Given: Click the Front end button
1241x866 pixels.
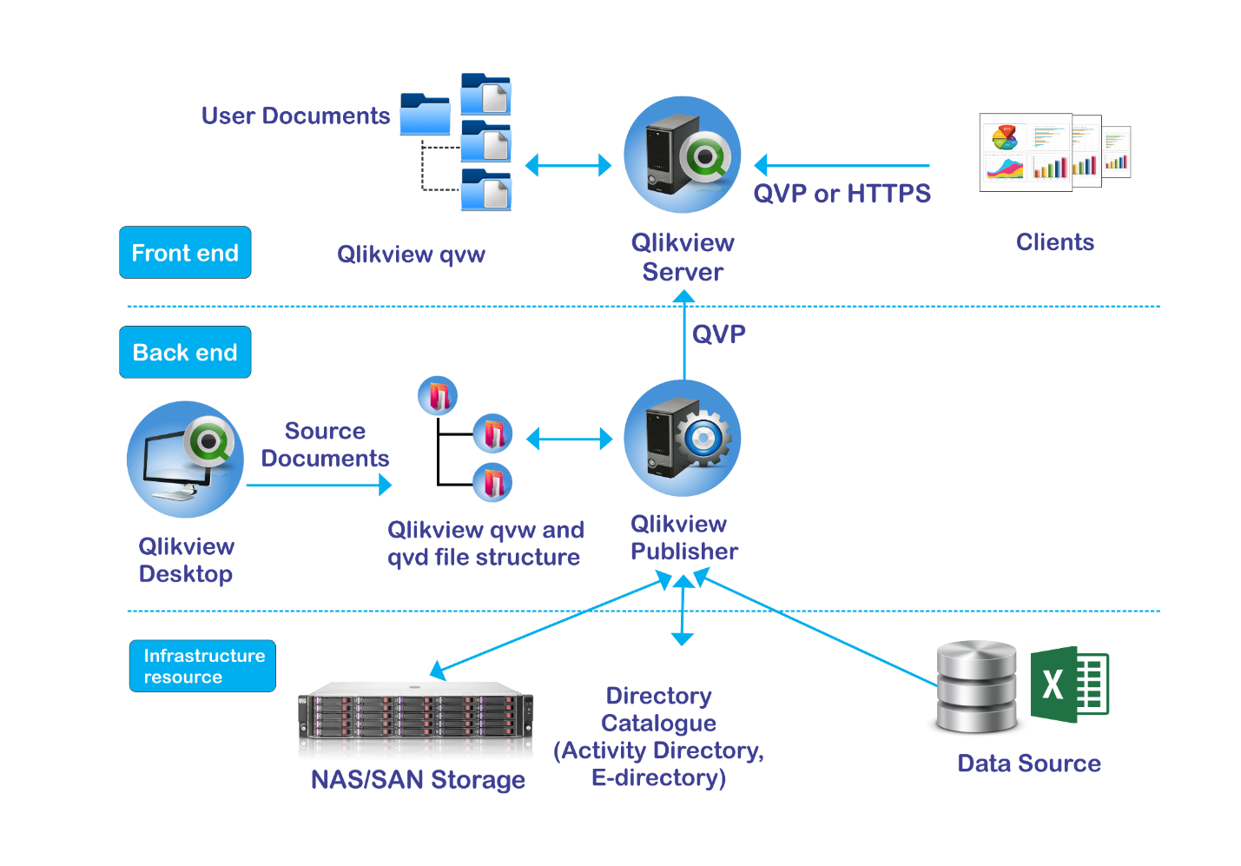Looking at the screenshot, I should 185,253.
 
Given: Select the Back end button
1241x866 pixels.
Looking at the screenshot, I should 185,353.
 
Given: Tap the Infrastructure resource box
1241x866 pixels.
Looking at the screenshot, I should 202,666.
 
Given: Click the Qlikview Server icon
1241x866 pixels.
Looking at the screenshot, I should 683,155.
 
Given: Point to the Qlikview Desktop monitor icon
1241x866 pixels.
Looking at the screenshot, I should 185,459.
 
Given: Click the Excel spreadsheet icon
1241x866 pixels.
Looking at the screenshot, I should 1069,684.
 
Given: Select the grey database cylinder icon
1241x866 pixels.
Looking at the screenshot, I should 977,686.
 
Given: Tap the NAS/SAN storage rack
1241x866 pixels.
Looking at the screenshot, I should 416,721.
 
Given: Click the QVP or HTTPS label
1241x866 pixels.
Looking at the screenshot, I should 842,194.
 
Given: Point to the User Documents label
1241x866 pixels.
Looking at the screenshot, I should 295,116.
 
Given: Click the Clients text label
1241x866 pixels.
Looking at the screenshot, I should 1055,242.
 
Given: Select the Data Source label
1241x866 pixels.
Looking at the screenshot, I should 1029,764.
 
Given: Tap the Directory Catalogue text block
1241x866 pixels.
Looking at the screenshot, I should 659,737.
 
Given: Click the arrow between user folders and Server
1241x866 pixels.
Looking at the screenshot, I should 569,165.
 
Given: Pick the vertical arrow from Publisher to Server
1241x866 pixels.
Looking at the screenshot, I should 684,339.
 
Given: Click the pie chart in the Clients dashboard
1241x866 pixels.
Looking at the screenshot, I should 1005,137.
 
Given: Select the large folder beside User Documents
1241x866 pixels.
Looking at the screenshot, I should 425,115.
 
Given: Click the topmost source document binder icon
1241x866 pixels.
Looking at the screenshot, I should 438,396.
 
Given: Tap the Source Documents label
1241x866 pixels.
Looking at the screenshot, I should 325,445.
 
